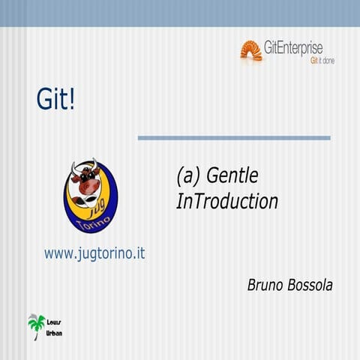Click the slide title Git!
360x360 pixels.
(x=55, y=100)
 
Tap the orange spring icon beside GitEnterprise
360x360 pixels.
(x=250, y=50)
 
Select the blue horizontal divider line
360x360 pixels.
(x=234, y=138)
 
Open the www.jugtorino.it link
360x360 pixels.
(x=94, y=253)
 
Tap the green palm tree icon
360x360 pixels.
(x=36, y=325)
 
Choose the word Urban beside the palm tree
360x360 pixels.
(x=55, y=331)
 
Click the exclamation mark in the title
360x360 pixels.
(x=72, y=100)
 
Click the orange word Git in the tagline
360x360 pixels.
(x=314, y=61)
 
